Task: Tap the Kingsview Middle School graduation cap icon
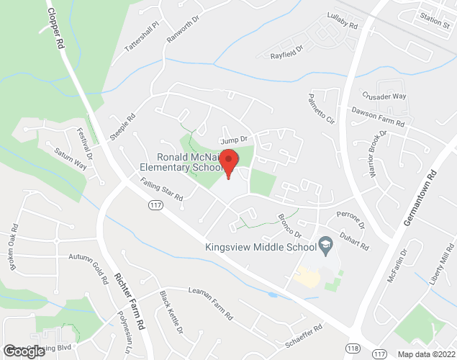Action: (x=325, y=245)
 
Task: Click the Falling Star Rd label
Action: (x=163, y=191)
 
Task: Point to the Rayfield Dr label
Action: (x=287, y=53)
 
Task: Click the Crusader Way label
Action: (x=384, y=96)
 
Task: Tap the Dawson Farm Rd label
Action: (x=378, y=117)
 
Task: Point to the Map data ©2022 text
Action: (x=425, y=354)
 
